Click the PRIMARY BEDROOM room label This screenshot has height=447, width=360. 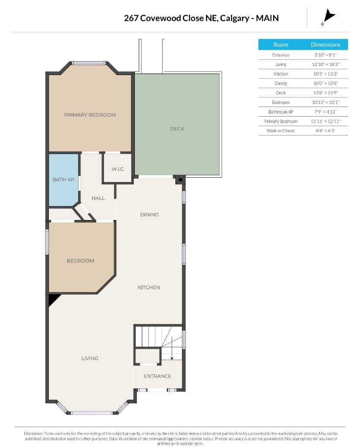(x=90, y=115)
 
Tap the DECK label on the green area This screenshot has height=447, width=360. (x=177, y=129)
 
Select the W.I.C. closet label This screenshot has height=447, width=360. (x=118, y=169)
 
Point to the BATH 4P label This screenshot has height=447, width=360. (x=63, y=179)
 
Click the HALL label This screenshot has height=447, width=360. (x=98, y=198)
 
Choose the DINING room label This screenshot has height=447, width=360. (x=149, y=215)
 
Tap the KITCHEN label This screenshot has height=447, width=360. (x=149, y=287)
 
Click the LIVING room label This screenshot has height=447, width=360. (x=90, y=358)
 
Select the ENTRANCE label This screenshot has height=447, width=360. (x=158, y=376)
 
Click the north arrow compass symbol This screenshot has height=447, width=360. (x=329, y=17)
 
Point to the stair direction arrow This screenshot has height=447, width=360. (x=172, y=348)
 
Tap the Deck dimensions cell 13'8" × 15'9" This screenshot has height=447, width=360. (x=326, y=93)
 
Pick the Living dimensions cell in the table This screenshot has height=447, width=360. (x=326, y=65)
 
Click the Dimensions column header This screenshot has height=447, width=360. (x=326, y=45)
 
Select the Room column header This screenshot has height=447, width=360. (x=281, y=45)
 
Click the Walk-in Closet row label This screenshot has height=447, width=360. (x=281, y=131)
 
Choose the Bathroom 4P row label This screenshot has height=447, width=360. (x=281, y=112)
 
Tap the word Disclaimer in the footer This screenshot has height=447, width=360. (x=33, y=433)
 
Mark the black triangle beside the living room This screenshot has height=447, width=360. (x=53, y=299)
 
